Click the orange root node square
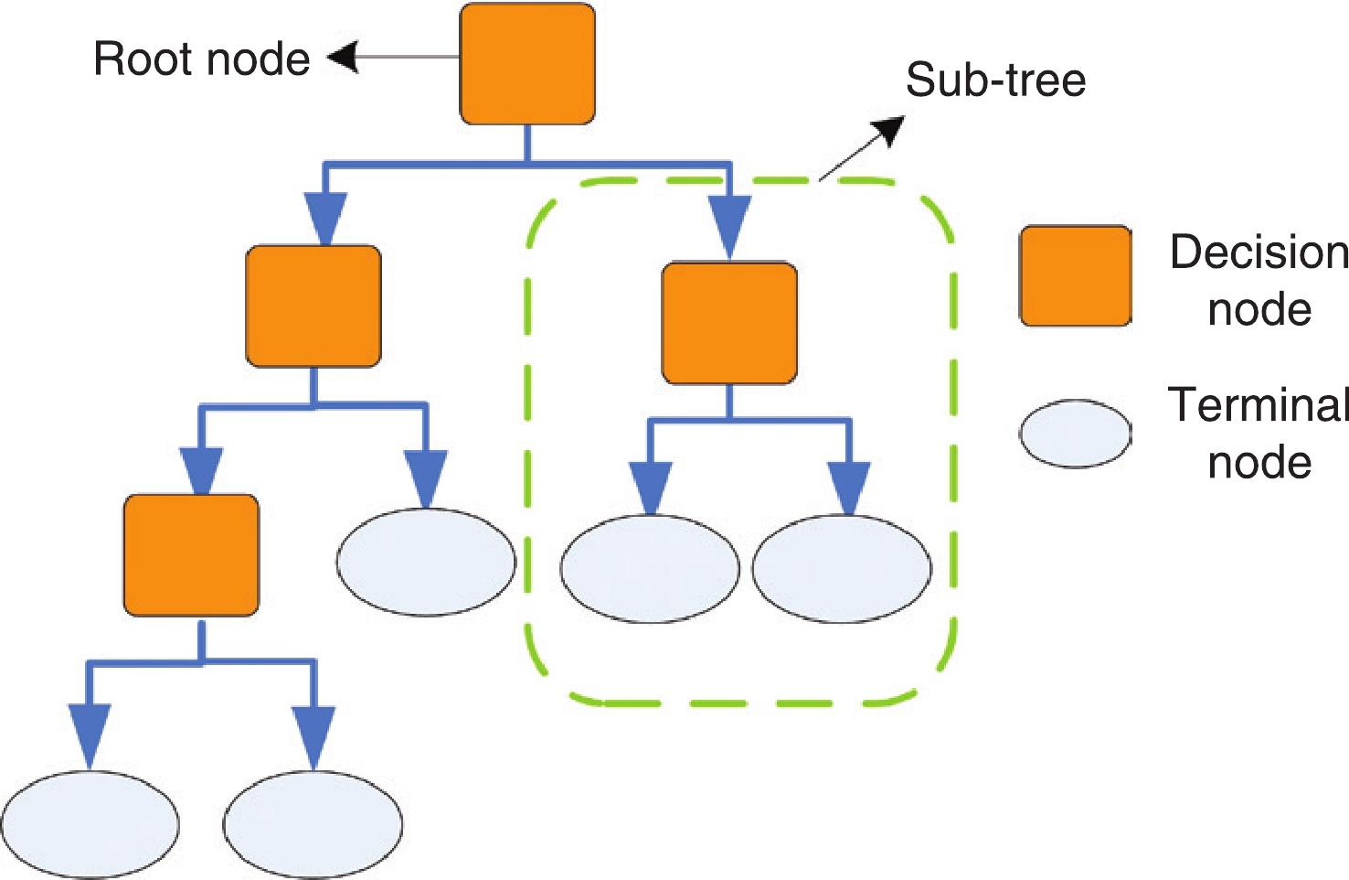(x=527, y=64)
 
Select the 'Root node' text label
(x=202, y=59)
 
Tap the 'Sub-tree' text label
(x=995, y=80)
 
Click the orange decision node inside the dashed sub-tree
(x=728, y=323)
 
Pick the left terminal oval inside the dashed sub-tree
(x=649, y=569)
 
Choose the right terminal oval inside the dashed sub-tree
(x=842, y=569)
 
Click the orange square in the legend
(x=1076, y=276)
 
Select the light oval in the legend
(x=1075, y=434)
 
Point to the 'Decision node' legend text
(x=1259, y=280)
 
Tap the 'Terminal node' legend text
(x=1259, y=433)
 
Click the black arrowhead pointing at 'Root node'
(x=342, y=59)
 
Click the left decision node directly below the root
(x=313, y=306)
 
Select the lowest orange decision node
(x=191, y=555)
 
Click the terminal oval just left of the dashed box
(x=426, y=562)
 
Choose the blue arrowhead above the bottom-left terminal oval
(x=90, y=734)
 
